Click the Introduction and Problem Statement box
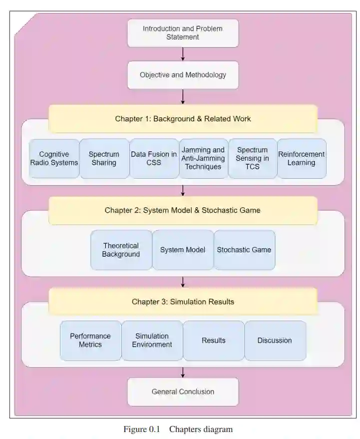click(x=183, y=33)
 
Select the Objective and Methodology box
click(x=183, y=75)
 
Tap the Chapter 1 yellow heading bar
click(x=183, y=119)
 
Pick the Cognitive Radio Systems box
click(x=54, y=158)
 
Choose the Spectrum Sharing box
click(x=104, y=158)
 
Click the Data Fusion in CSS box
click(x=154, y=158)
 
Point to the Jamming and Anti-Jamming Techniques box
click(x=203, y=158)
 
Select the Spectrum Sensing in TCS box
click(x=252, y=158)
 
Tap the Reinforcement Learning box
click(x=302, y=158)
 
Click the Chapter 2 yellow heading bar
click(x=183, y=210)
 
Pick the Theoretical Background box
click(x=121, y=250)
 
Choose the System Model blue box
click(x=183, y=250)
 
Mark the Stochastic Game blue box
click(x=244, y=250)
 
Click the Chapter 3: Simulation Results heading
click(x=183, y=302)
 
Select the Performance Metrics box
click(x=90, y=341)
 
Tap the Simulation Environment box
click(x=152, y=341)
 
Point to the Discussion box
click(x=275, y=341)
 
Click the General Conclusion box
click(x=183, y=392)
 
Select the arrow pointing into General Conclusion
click(x=183, y=373)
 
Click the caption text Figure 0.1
click(x=142, y=429)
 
